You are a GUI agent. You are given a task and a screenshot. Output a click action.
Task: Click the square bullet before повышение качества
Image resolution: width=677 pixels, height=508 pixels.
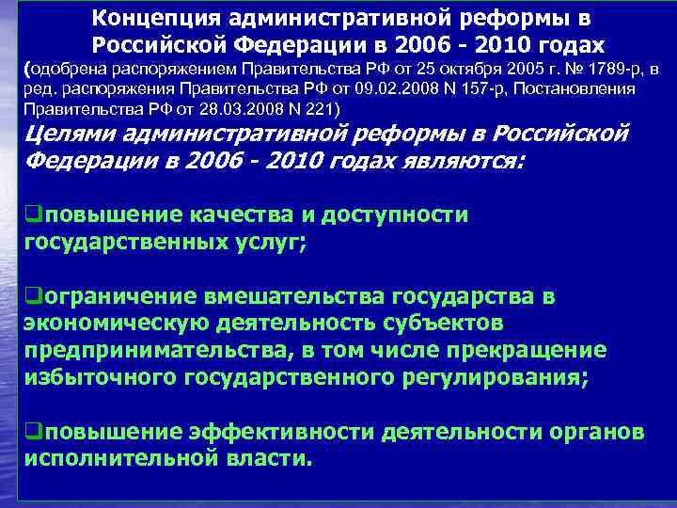[26, 214]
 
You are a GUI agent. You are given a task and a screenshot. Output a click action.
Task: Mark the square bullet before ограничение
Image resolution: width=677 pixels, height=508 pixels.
[26, 297]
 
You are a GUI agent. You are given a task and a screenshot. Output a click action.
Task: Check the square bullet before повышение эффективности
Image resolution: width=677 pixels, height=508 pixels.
[26, 433]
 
